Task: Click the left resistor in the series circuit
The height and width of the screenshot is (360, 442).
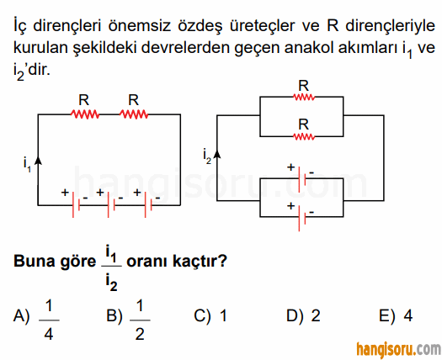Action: click(x=84, y=114)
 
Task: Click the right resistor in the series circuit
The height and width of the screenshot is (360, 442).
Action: click(x=134, y=114)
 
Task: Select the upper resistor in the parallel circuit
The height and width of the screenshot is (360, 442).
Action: click(x=304, y=98)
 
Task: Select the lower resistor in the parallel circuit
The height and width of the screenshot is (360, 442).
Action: click(x=304, y=136)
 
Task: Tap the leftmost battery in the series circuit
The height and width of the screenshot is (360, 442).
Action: click(x=76, y=204)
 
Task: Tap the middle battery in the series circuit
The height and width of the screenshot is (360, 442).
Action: click(x=111, y=204)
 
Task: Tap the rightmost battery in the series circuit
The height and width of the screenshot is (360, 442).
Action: click(x=148, y=204)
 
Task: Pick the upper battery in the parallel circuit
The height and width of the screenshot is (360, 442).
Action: click(x=302, y=179)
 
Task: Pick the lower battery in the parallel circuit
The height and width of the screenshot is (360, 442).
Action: click(x=302, y=218)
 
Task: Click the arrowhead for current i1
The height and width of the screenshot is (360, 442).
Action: click(x=38, y=159)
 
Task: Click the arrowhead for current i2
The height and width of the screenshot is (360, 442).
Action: click(x=216, y=154)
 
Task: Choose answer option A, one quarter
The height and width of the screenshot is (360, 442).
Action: click(x=37, y=320)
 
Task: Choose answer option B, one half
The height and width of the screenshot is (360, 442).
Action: click(x=128, y=320)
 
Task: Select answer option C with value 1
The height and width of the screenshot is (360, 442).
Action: click(x=210, y=315)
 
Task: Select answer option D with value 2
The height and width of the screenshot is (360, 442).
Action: click(x=304, y=315)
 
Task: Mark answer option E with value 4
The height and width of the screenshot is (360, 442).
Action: click(x=396, y=315)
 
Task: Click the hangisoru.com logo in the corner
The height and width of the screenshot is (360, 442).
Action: click(x=399, y=349)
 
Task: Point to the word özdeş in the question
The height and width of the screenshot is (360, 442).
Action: click(x=200, y=25)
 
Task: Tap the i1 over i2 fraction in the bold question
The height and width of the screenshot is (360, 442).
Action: click(x=112, y=267)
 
